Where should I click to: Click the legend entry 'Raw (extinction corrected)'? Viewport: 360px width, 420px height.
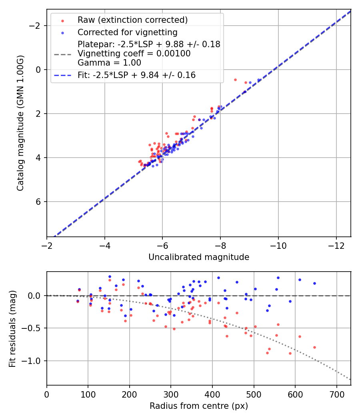132,20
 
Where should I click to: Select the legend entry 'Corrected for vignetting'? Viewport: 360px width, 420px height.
127,32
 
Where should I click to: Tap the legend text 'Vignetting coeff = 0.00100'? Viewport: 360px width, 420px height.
134,54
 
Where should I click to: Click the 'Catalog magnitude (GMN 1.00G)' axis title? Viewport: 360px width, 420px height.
20,123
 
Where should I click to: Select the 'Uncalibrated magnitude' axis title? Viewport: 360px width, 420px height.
199,257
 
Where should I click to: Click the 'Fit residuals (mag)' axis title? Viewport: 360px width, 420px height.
12,328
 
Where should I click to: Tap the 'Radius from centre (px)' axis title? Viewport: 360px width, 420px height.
199,406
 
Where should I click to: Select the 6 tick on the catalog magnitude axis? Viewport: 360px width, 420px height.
39,202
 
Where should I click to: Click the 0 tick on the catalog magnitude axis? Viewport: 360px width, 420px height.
39,70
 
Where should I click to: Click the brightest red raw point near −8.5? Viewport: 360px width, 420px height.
235,80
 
